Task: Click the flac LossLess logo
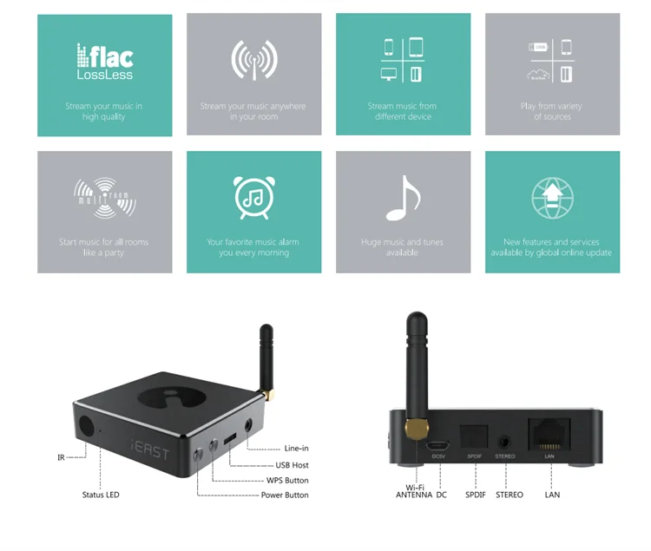pyautogui.click(x=104, y=62)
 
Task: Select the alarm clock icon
pyautogui.click(x=253, y=199)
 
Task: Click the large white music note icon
pyautogui.click(x=403, y=198)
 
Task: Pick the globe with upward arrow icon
pyautogui.click(x=552, y=199)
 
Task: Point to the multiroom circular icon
pyautogui.click(x=105, y=199)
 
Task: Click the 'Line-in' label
pyautogui.click(x=296, y=449)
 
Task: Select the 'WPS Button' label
pyautogui.click(x=286, y=480)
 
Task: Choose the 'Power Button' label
pyautogui.click(x=285, y=495)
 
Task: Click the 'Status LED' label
pyautogui.click(x=101, y=495)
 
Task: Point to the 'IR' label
pyautogui.click(x=61, y=457)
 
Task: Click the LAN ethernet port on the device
pyautogui.click(x=549, y=432)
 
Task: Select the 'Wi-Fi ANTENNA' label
pyautogui.click(x=414, y=491)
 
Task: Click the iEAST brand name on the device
pyautogui.click(x=153, y=450)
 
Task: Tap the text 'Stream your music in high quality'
pyautogui.click(x=103, y=112)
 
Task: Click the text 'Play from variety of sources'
pyautogui.click(x=551, y=112)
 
